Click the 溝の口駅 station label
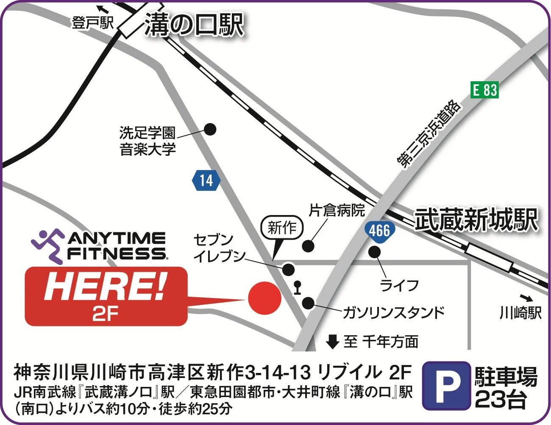pyautogui.click(x=194, y=25)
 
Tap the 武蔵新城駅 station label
pyautogui.click(x=476, y=220)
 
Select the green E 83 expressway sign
pyautogui.click(x=485, y=90)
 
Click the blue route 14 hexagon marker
pyautogui.click(x=206, y=180)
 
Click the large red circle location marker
pyautogui.click(x=264, y=298)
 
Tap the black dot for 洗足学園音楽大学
pyautogui.click(x=210, y=129)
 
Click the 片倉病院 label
pyautogui.click(x=337, y=210)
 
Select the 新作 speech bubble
pyautogui.click(x=282, y=228)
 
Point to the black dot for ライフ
pyautogui.click(x=374, y=252)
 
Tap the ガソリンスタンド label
pyautogui.click(x=393, y=312)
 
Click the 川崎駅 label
pyautogui.click(x=520, y=313)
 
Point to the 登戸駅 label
pyautogui.click(x=92, y=23)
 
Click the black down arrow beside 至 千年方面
pyautogui.click(x=333, y=341)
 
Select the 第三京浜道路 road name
pyautogui.click(x=429, y=134)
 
